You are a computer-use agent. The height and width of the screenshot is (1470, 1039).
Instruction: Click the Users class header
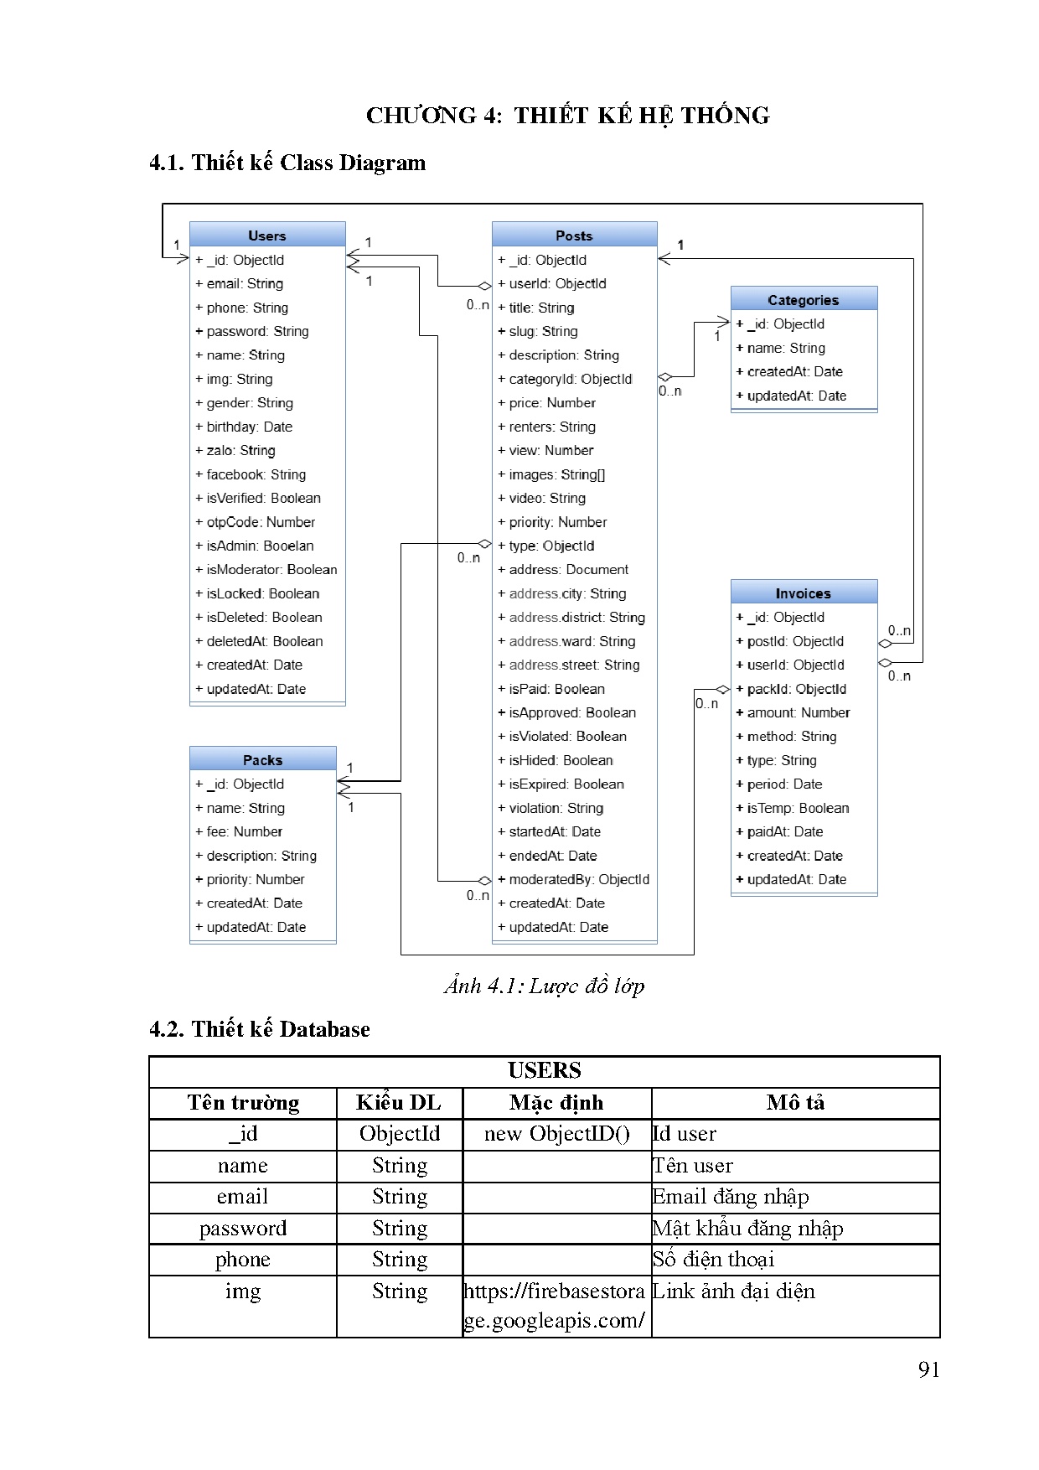click(267, 236)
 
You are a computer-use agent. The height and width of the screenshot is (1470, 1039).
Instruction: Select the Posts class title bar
click(574, 236)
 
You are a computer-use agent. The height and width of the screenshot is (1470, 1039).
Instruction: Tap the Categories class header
click(803, 300)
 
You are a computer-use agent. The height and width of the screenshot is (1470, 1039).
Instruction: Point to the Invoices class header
click(803, 593)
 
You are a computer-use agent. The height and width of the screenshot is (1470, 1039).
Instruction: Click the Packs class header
click(262, 760)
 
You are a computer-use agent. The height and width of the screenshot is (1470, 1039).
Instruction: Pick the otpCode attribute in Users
click(261, 522)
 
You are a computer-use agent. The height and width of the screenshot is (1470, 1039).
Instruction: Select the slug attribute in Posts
click(543, 331)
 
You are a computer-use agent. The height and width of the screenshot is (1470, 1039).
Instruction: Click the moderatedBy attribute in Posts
click(578, 879)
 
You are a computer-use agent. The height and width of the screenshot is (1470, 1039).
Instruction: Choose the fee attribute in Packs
click(244, 831)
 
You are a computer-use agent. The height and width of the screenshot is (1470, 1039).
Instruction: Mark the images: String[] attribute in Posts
click(556, 474)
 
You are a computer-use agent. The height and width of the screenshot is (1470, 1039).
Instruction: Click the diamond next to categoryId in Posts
click(665, 377)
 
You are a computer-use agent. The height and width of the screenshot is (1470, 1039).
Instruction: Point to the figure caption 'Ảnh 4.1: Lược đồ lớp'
click(545, 986)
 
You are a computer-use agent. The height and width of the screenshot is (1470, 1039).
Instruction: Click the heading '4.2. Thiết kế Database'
click(260, 1029)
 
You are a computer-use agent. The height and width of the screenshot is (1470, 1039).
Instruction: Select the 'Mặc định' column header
click(556, 1103)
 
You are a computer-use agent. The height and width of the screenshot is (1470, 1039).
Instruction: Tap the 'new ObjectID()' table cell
click(556, 1134)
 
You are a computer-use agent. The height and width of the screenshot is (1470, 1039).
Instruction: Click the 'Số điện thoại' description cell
click(714, 1260)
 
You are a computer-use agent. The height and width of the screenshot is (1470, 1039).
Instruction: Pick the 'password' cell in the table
click(243, 1229)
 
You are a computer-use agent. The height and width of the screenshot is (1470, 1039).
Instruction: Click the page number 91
click(928, 1369)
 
